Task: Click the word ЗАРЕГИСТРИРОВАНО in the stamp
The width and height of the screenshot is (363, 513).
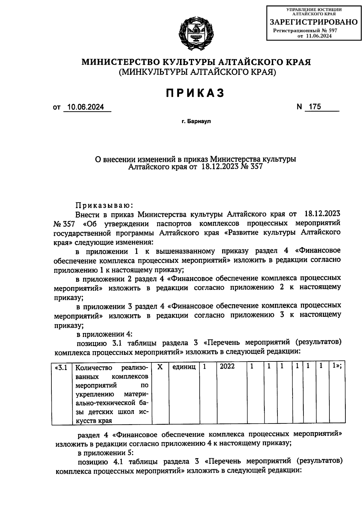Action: pos(313,22)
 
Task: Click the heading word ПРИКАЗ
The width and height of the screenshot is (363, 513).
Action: pos(195,93)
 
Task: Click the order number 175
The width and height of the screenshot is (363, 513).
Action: pos(315,107)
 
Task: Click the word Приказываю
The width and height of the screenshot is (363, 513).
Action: pos(104,205)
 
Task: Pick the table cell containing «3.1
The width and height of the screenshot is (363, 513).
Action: pos(62,367)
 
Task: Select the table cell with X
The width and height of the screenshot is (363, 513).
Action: pos(160,367)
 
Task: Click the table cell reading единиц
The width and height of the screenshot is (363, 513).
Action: pos(184,367)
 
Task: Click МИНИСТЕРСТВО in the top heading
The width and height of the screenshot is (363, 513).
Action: pos(120,62)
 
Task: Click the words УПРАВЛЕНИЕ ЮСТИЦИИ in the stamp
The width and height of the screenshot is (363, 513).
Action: pos(314,10)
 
